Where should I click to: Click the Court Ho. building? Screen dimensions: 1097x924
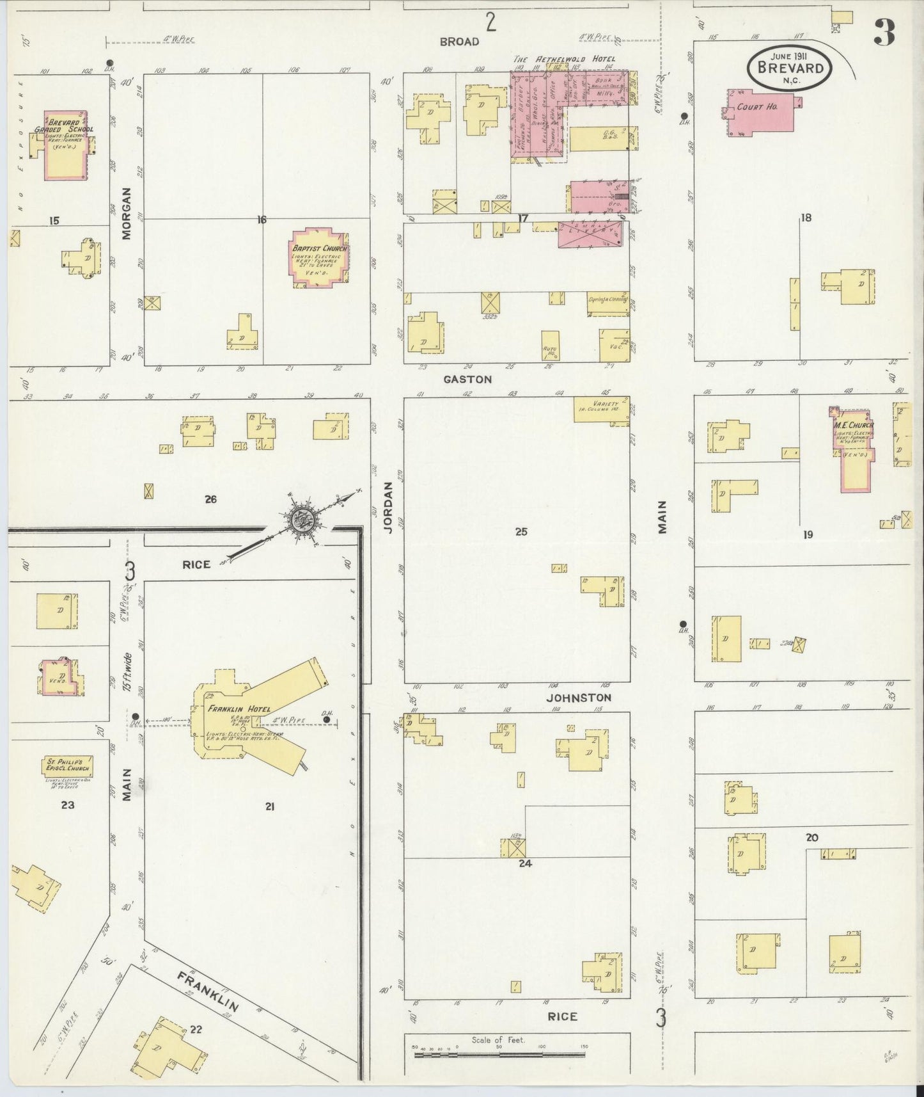coord(760,111)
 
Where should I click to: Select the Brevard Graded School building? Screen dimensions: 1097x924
coord(65,146)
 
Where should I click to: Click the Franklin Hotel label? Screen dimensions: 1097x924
coord(239,709)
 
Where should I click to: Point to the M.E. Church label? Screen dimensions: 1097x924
coord(852,426)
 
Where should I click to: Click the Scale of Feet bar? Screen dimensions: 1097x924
coord(500,1053)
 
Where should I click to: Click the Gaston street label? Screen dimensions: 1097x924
coord(468,380)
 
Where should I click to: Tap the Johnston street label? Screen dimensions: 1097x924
coord(579,698)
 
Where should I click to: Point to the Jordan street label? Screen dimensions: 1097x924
coord(388,507)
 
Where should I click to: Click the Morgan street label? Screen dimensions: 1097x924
coord(127,213)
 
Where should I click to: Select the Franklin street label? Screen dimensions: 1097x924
coord(208,991)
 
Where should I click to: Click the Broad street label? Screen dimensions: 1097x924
coord(459,42)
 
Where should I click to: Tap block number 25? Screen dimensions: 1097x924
coord(521,531)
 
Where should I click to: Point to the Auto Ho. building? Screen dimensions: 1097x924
coord(551,346)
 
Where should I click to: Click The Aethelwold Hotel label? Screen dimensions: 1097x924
coord(565,59)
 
